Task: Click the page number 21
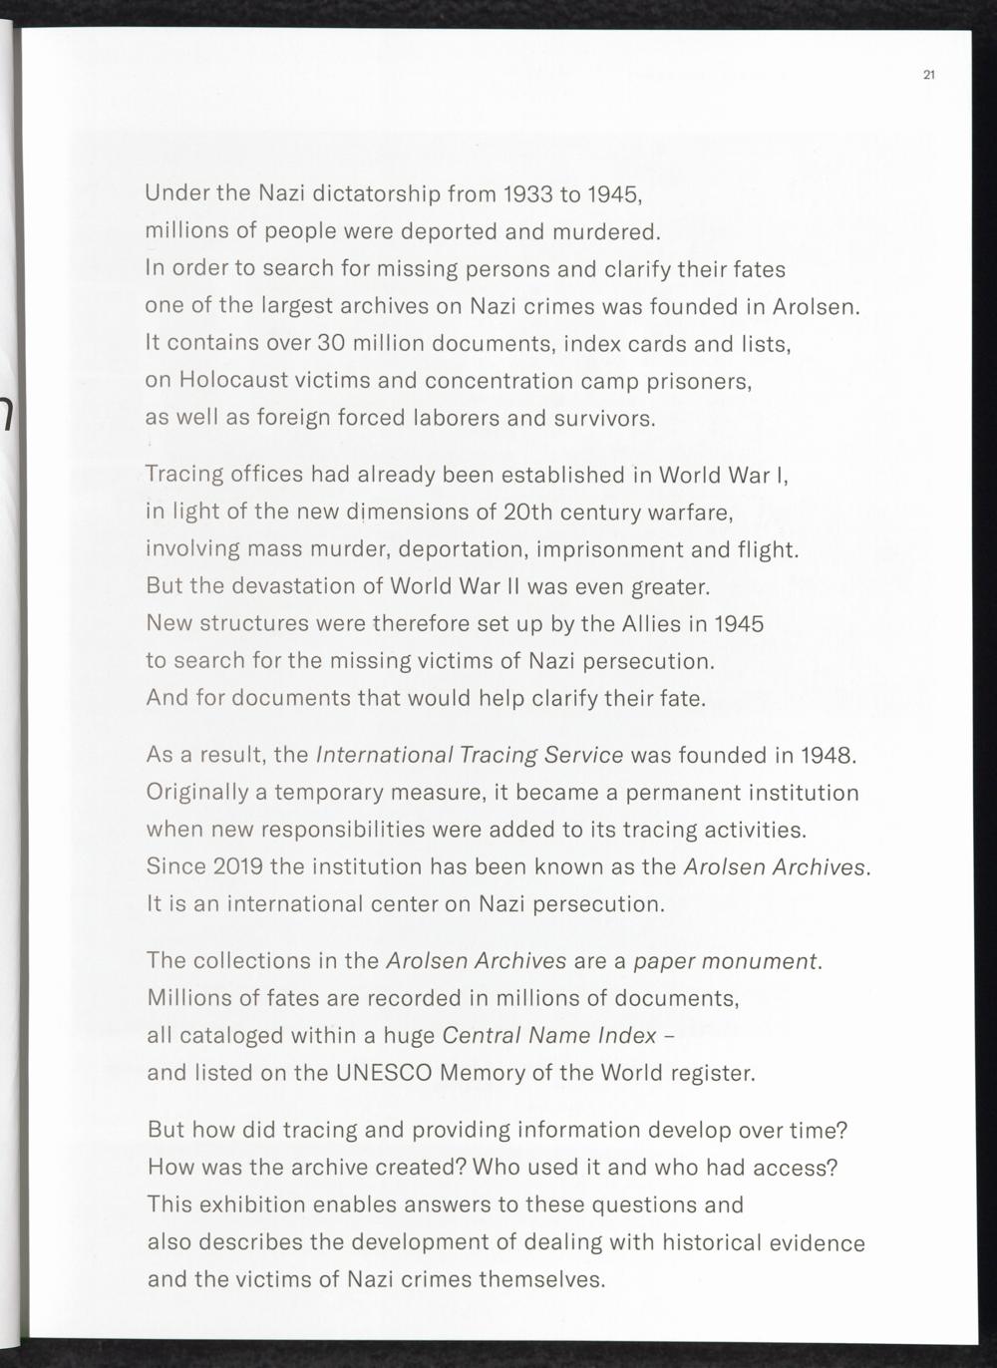(x=928, y=75)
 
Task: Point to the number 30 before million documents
(x=330, y=344)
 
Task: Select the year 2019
(x=238, y=866)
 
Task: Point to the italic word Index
(x=627, y=1036)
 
